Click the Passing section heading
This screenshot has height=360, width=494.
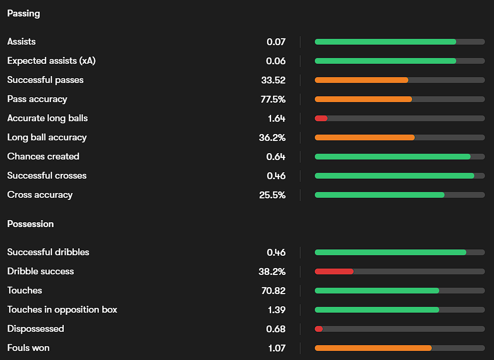[x=23, y=13]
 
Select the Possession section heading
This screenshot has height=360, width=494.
[x=30, y=224]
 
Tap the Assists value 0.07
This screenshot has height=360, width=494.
[x=276, y=41]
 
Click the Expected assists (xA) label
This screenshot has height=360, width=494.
[x=52, y=61]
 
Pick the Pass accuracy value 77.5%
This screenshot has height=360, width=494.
[x=272, y=99]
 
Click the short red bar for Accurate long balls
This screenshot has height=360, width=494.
[x=321, y=118]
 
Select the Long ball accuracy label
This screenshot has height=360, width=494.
[x=47, y=137]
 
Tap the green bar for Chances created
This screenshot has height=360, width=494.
[x=392, y=156]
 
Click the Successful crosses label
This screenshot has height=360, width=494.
[x=47, y=175]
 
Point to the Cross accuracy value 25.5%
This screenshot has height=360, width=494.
[x=272, y=195]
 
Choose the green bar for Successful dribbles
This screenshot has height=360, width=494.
[x=390, y=252]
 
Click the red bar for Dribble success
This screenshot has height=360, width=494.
[x=334, y=271]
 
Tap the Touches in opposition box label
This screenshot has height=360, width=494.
[x=62, y=309]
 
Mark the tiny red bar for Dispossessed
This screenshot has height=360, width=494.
[x=319, y=329]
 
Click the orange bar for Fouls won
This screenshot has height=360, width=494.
[x=373, y=348]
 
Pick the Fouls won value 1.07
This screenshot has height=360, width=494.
[x=276, y=348]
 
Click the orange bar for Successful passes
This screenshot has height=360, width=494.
[x=362, y=80]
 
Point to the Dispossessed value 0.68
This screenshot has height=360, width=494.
[x=276, y=329]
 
